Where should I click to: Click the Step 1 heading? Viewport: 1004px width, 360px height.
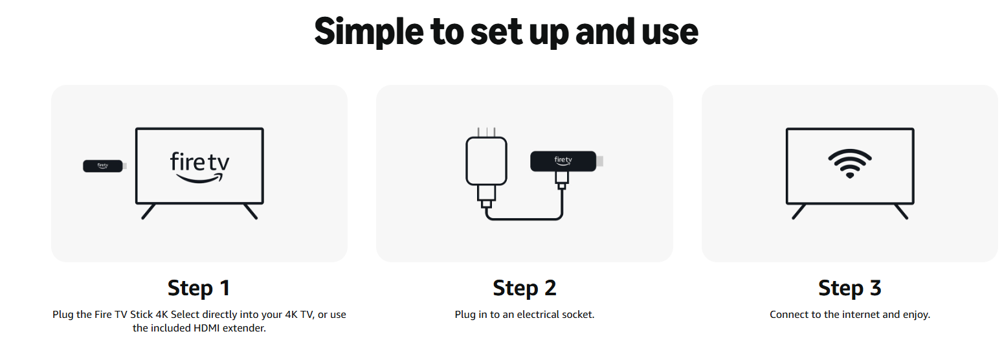coord(199,288)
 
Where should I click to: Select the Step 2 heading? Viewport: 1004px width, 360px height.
coord(524,288)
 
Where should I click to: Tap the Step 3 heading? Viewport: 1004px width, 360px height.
coord(850,288)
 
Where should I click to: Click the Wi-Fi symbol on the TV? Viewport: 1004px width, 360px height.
coord(850,163)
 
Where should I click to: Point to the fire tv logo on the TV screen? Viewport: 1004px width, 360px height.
coord(199,168)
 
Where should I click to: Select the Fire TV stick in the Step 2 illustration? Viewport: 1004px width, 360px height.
coord(566,161)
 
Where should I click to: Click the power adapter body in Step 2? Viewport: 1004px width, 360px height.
coord(486,161)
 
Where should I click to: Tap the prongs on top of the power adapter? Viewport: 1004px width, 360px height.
coord(486,132)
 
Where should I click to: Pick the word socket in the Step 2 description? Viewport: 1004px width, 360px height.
coord(578,315)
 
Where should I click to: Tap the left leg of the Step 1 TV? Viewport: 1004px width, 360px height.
coord(148,211)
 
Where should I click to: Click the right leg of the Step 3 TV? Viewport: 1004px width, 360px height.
coord(901,211)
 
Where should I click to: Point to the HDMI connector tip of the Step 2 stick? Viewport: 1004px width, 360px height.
coord(599,161)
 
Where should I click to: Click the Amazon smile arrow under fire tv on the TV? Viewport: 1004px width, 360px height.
coord(199,179)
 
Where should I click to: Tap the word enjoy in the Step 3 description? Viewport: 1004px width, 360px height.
coord(916,315)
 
